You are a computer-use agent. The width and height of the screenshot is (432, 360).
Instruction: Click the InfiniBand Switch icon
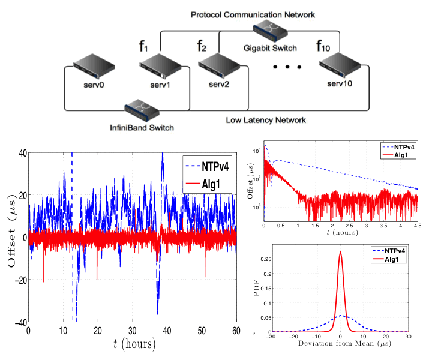[142, 110]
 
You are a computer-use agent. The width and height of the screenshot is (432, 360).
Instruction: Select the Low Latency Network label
[266, 120]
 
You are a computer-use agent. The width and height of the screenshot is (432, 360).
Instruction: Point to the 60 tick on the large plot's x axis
[236, 331]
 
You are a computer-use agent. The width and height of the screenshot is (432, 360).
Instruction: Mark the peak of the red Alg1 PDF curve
[341, 252]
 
